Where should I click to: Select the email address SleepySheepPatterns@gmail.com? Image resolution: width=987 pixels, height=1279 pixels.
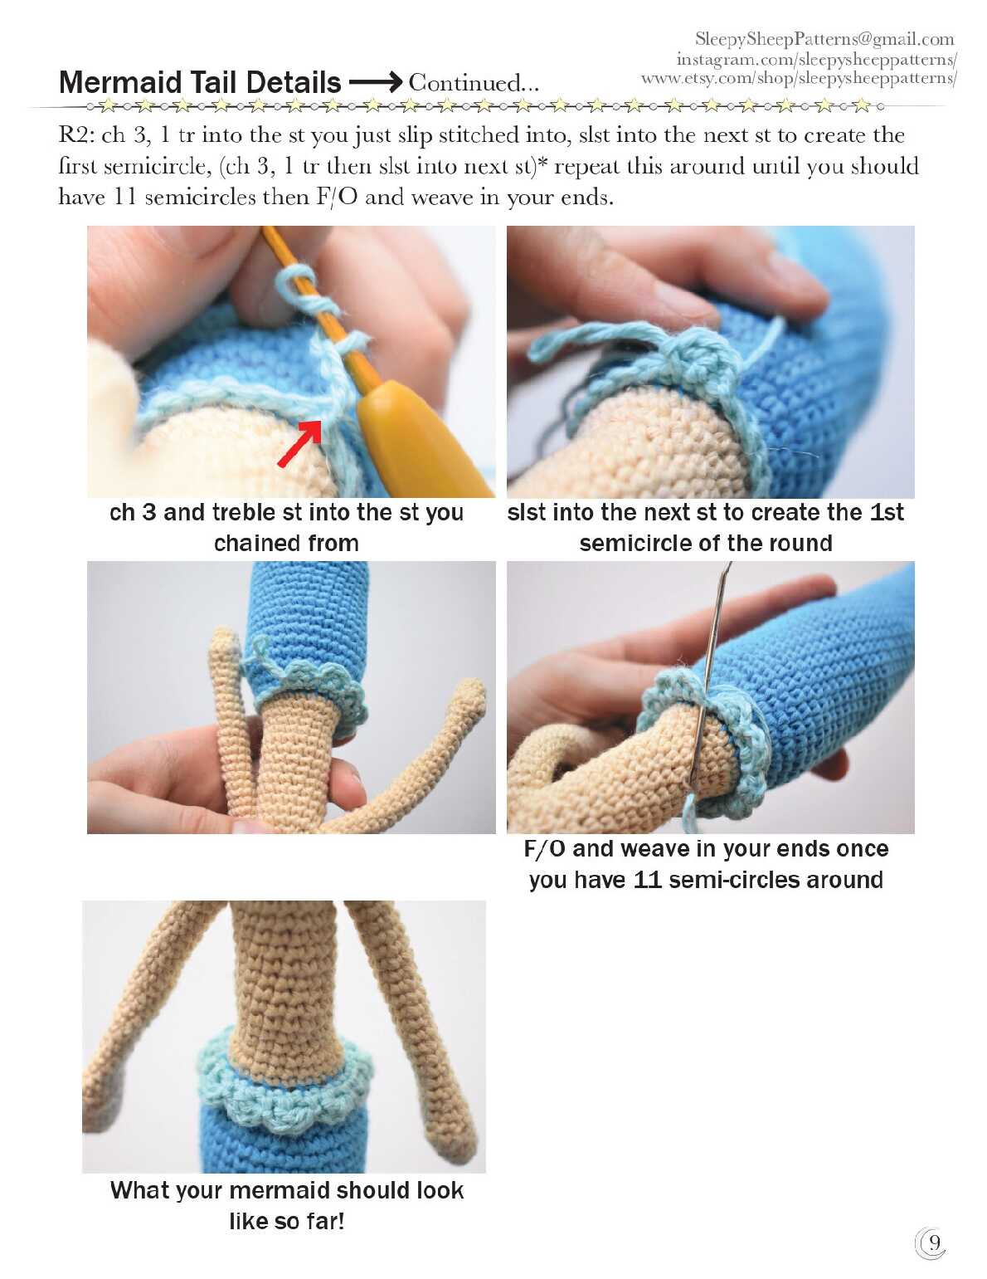pos(824,39)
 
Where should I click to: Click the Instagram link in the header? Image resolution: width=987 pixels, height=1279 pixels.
pos(816,59)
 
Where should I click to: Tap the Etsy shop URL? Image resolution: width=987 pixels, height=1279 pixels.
pos(799,78)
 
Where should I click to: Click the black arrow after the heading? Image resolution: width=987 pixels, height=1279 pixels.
pos(375,82)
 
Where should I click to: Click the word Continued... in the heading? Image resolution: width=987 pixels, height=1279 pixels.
pos(474,83)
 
